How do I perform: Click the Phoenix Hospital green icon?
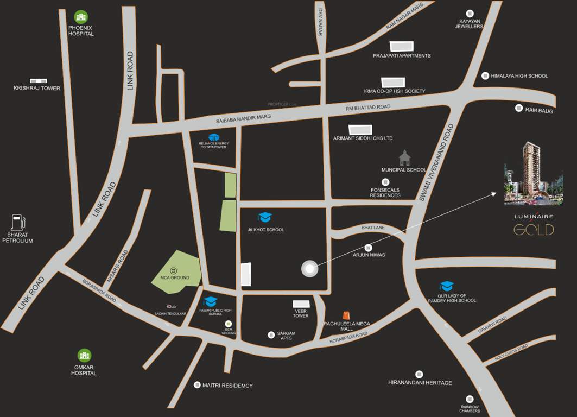tap(81, 17)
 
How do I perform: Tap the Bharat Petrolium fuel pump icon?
tap(18, 223)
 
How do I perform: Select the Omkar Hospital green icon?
tap(84, 356)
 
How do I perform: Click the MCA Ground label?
tap(175, 277)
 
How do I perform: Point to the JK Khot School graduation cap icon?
tap(265, 218)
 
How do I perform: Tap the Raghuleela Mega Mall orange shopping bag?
tap(346, 315)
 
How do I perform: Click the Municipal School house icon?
tap(404, 158)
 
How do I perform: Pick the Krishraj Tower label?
tap(37, 88)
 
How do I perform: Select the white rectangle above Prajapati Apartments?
tap(401, 47)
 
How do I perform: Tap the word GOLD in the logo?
tap(534, 230)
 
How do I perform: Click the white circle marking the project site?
tap(309, 268)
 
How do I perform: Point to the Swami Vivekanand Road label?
tap(436, 163)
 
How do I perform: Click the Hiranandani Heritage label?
tap(420, 383)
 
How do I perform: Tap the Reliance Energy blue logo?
tap(214, 137)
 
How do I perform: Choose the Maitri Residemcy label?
tap(227, 386)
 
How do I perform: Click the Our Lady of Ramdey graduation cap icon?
tap(447, 286)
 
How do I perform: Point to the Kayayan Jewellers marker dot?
tap(470, 14)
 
